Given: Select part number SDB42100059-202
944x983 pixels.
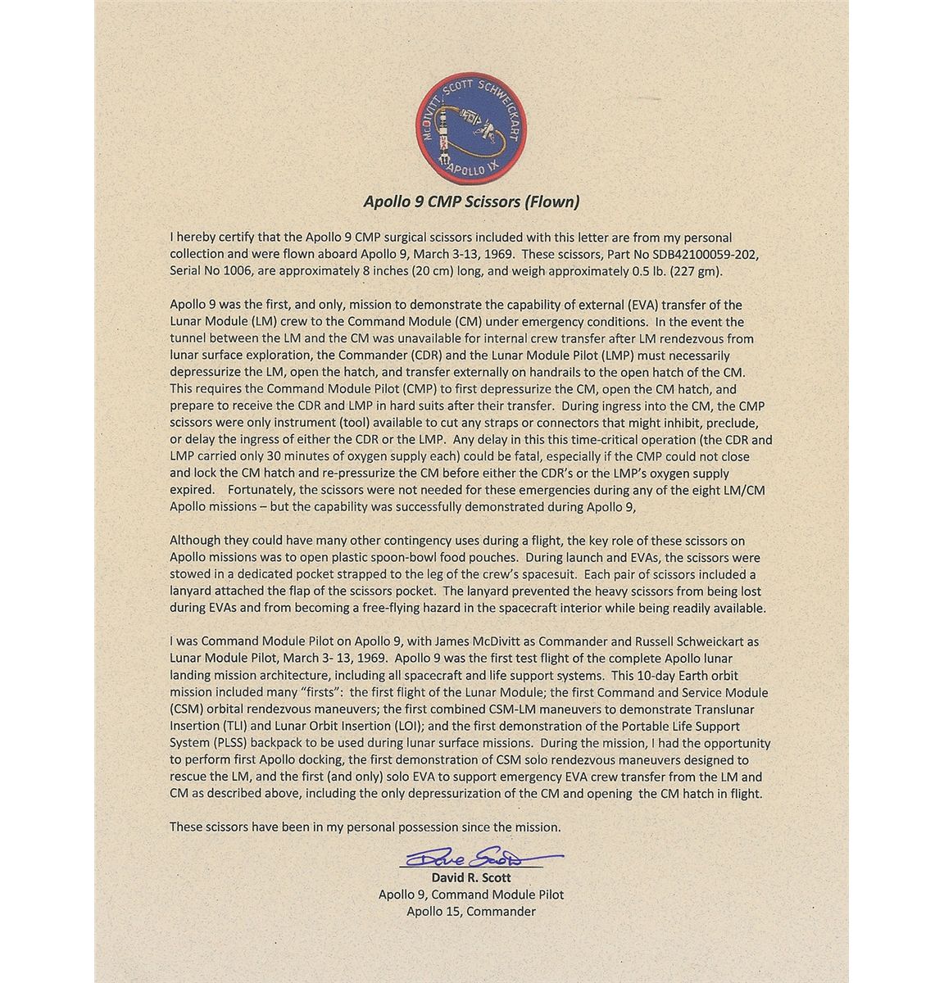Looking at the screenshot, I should (x=686, y=253).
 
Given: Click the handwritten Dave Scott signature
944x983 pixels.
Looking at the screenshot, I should (x=471, y=858).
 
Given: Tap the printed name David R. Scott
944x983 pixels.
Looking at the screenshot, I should (x=471, y=877).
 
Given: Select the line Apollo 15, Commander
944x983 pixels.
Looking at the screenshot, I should (x=471, y=911).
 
